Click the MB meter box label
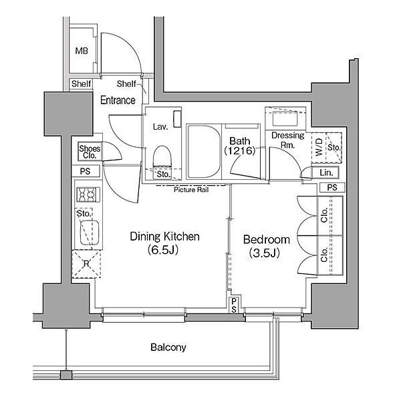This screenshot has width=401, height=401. [82, 51]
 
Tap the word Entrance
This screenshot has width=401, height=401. [118, 100]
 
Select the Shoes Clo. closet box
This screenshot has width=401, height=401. [90, 152]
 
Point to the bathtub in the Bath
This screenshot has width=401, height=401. [204, 152]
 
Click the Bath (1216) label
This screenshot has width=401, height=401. [240, 146]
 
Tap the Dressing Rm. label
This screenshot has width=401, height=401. [287, 140]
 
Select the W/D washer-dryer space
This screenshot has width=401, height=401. [318, 148]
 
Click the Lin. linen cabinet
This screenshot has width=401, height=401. [325, 172]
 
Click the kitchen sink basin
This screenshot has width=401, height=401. [90, 233]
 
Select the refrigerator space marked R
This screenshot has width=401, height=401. [86, 264]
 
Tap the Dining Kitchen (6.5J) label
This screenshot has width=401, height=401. [164, 243]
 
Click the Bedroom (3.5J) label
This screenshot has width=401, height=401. [266, 246]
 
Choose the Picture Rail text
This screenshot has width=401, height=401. [191, 190]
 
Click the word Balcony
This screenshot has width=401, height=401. [168, 347]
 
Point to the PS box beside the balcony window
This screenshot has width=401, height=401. [234, 305]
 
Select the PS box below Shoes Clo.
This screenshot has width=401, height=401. [86, 171]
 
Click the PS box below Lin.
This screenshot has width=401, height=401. [332, 187]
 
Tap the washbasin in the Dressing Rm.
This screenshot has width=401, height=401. [285, 118]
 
